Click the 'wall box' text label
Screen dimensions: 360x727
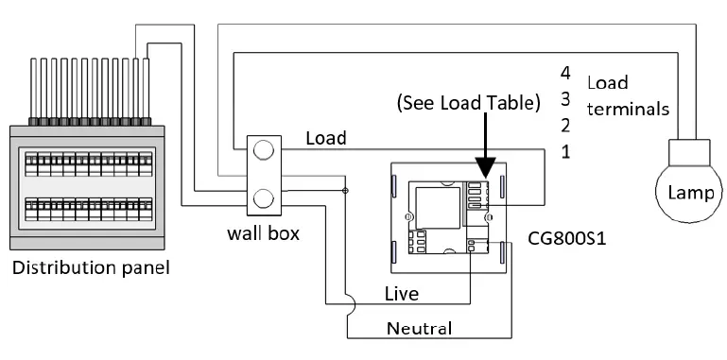(264, 231)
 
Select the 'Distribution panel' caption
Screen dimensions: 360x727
(92, 269)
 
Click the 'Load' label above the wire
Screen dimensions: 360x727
(326, 138)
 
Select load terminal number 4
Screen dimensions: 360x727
(565, 72)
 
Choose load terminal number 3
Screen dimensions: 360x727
(565, 98)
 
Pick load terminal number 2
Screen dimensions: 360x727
(565, 125)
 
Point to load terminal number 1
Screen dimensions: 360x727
(565, 151)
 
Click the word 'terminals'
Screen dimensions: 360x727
(629, 109)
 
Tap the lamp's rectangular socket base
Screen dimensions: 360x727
(689, 151)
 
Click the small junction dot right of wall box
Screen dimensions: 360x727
(345, 192)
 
